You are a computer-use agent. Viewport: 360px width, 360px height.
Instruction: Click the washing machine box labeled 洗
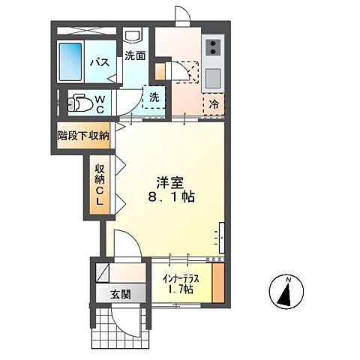coord(154,97)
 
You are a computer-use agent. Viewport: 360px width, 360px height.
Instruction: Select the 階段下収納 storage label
coord(83,136)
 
